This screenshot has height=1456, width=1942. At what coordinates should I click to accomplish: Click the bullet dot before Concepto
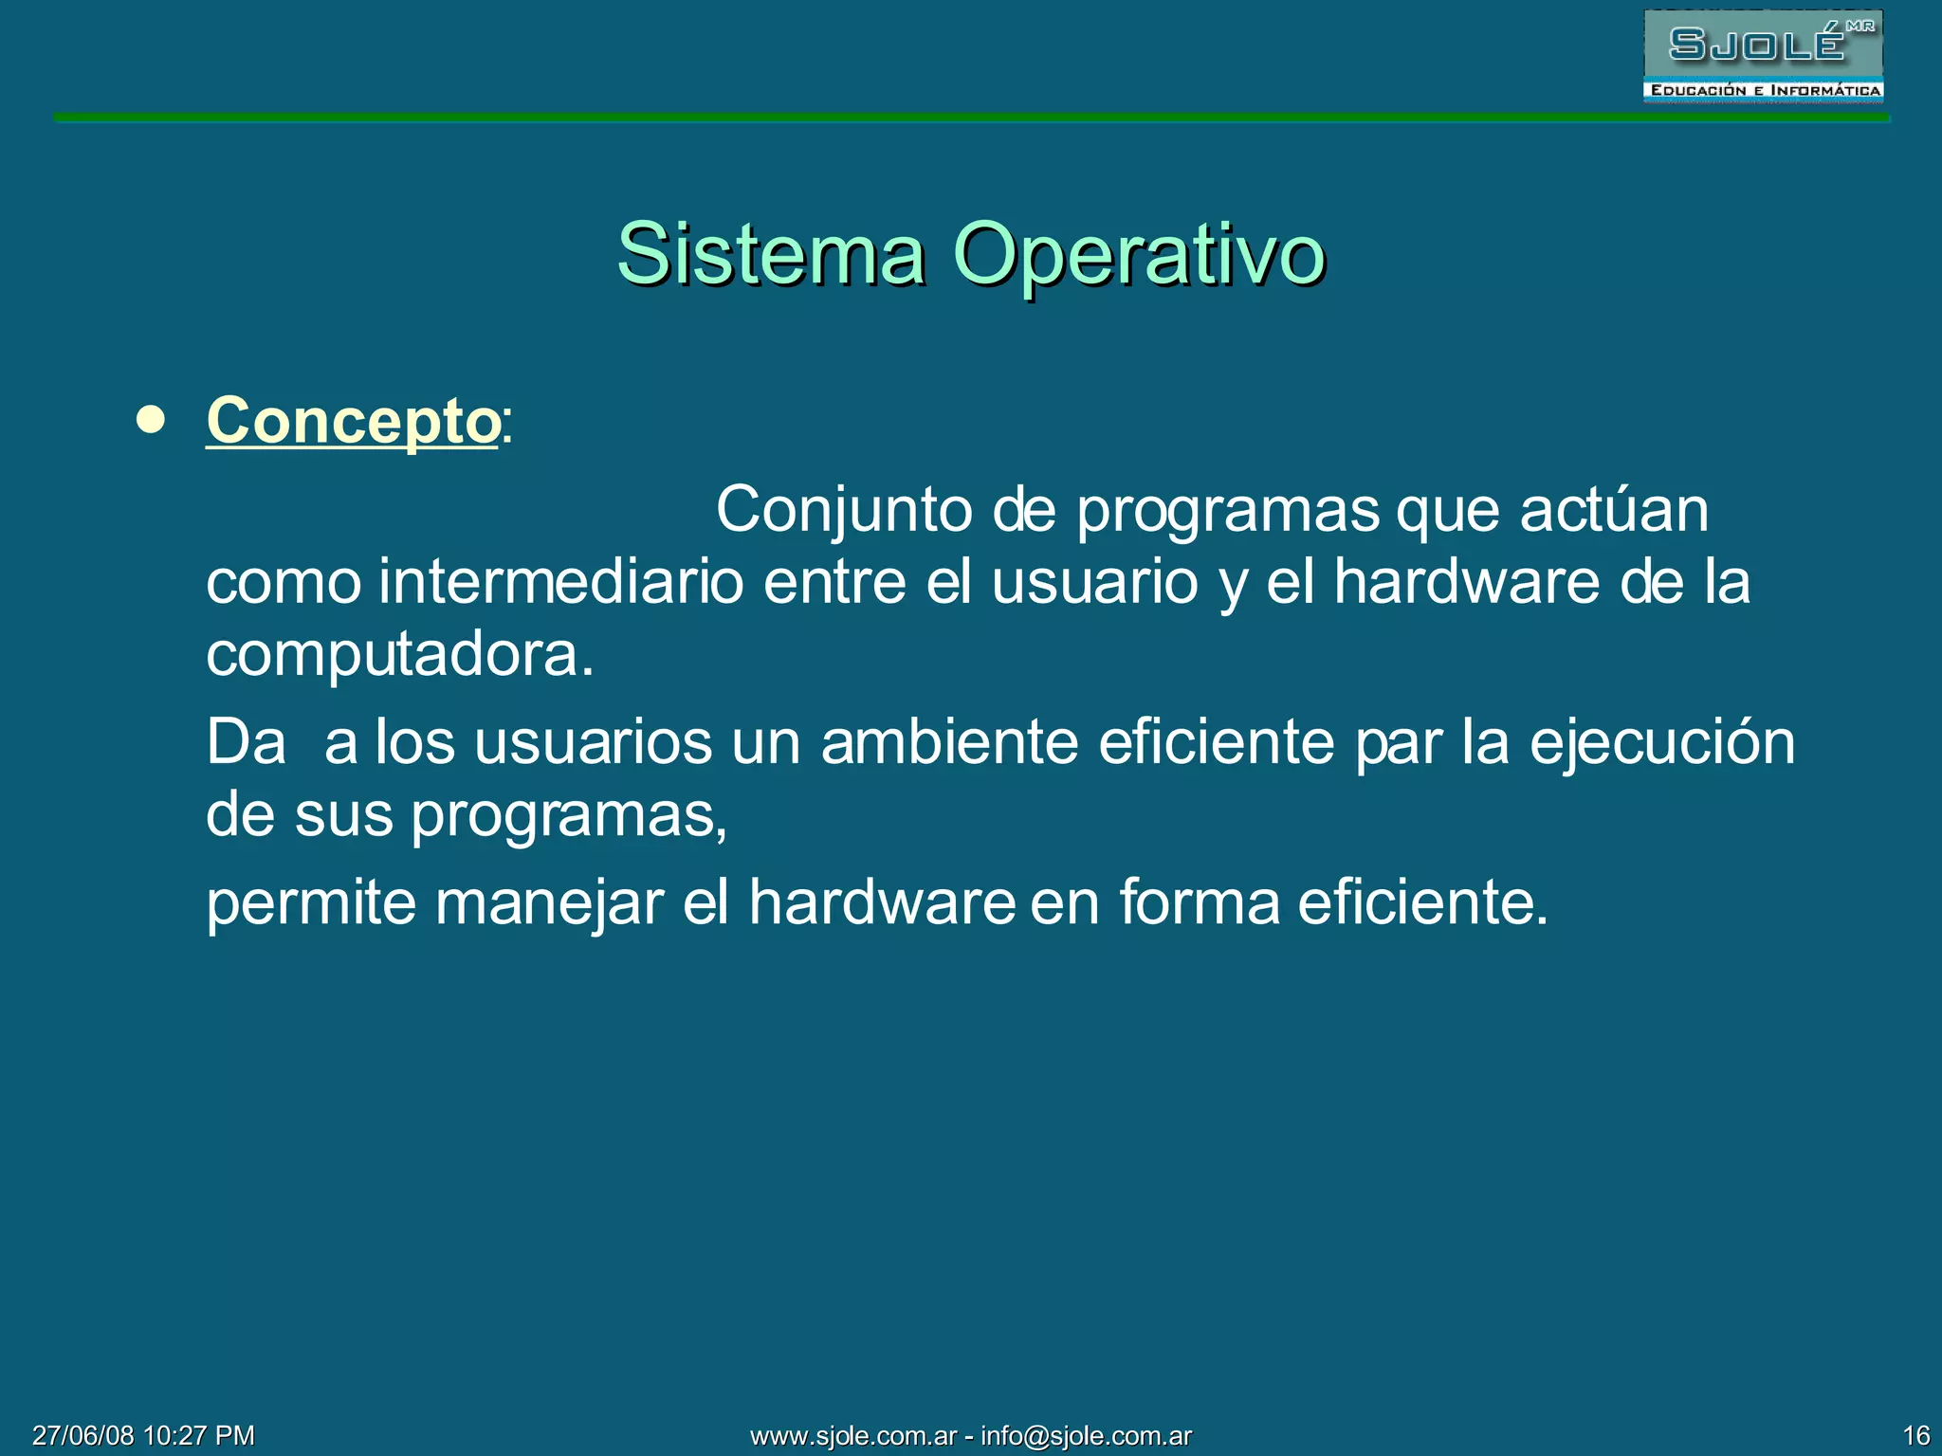(151, 420)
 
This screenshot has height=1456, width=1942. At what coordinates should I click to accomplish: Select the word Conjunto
(844, 510)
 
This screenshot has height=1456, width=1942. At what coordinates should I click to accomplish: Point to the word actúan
(1614, 510)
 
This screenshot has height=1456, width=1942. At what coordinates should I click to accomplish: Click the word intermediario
(560, 581)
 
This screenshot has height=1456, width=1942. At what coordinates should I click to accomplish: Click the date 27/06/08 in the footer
(82, 1435)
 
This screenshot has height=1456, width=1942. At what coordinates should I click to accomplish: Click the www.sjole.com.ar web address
(853, 1435)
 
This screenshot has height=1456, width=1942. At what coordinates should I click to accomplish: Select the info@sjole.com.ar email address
(1086, 1435)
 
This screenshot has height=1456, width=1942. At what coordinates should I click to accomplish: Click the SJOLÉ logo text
(1756, 44)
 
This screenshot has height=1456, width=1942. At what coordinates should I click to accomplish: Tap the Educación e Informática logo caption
(1764, 91)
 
